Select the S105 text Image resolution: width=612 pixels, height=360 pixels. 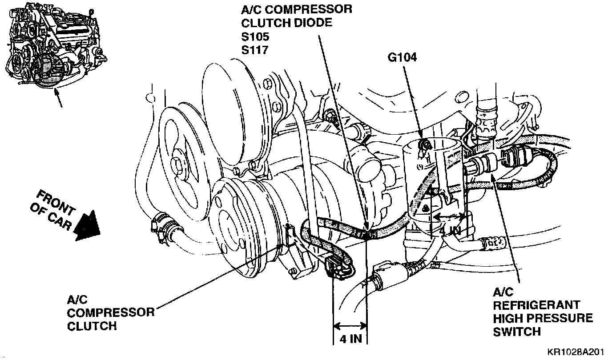click(255, 36)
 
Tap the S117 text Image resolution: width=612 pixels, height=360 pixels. click(255, 50)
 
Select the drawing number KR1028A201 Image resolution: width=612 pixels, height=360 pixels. click(576, 352)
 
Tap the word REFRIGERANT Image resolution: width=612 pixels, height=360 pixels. click(537, 305)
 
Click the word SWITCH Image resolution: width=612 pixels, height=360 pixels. click(517, 331)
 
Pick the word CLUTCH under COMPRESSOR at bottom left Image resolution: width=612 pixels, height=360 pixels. click(92, 326)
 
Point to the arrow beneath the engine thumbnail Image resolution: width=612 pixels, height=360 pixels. click(59, 99)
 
